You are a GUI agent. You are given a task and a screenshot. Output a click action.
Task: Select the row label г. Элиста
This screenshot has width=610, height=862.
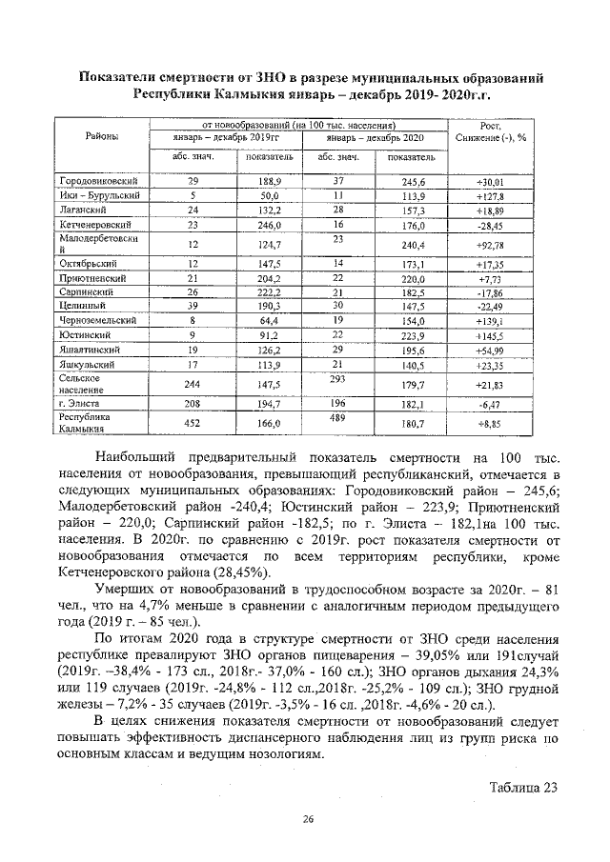coord(81,405)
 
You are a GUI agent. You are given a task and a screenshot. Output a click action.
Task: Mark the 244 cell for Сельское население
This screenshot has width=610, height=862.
coord(193,384)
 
